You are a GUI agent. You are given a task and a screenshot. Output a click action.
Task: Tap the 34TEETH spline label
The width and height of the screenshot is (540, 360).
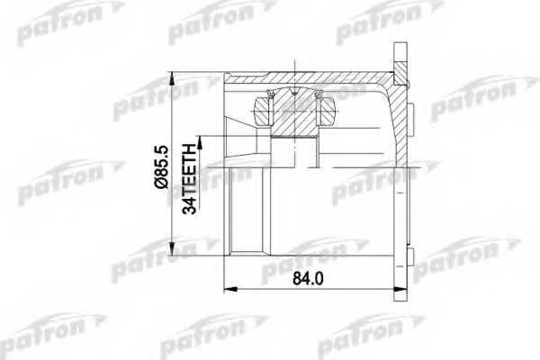pos(189,175)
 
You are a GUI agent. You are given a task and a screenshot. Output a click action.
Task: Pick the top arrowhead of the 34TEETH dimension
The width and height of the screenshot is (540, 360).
pos(200,137)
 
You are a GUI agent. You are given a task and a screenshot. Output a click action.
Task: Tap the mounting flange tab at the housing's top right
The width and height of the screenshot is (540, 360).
pos(400,59)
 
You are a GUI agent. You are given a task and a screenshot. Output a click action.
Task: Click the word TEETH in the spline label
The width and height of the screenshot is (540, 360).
pos(189,164)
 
